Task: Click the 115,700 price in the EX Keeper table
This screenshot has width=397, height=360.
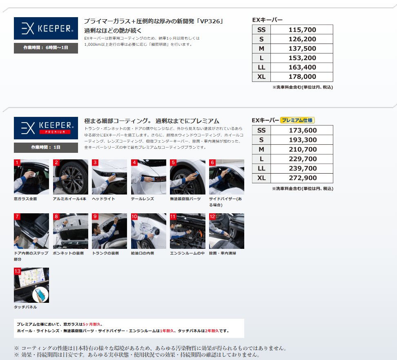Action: (x=302, y=30)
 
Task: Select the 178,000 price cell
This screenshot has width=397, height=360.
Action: (x=302, y=76)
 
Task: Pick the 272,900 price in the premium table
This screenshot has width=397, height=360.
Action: (x=303, y=178)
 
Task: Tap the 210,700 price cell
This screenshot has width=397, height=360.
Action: (x=303, y=150)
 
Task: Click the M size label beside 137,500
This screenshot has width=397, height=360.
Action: (x=261, y=48)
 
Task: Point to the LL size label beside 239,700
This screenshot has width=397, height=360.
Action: (x=261, y=168)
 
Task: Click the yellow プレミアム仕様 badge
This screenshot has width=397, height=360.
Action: (x=297, y=120)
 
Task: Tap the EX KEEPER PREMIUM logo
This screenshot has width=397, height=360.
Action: (x=46, y=128)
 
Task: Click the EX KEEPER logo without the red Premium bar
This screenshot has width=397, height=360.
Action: (x=46, y=28)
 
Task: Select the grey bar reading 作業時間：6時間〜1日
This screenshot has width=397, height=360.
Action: (x=46, y=48)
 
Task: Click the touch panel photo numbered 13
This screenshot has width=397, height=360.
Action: (x=31, y=285)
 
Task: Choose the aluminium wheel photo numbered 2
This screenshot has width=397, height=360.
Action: (x=71, y=177)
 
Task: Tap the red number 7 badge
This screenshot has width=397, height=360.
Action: (x=17, y=216)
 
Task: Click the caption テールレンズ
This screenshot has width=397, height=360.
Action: (x=142, y=199)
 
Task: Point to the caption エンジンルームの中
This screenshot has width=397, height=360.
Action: (x=187, y=253)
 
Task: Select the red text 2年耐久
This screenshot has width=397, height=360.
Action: (x=212, y=331)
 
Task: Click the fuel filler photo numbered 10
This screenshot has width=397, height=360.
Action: (x=149, y=231)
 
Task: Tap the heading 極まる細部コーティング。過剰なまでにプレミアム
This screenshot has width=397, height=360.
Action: (x=152, y=121)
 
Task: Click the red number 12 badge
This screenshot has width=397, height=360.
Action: (x=212, y=216)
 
